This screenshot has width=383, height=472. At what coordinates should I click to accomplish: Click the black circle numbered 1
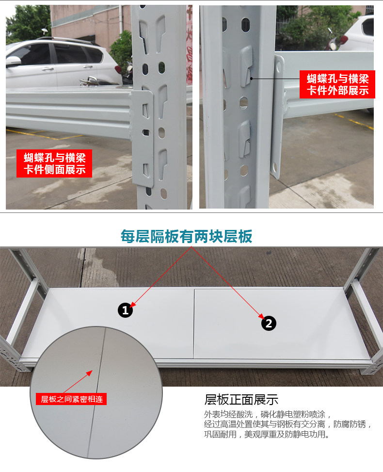[x=125, y=310]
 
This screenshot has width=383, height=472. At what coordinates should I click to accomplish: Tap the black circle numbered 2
[x=269, y=323]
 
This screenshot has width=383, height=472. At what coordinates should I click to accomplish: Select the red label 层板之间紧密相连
[x=71, y=399]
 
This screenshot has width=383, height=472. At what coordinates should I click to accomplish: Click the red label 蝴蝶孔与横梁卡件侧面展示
[x=54, y=163]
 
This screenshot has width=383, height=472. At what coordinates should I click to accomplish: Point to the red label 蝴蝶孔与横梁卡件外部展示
[x=337, y=84]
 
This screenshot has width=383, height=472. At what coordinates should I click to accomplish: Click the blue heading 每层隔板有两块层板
[x=186, y=236]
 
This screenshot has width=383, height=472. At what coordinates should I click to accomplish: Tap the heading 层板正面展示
[x=241, y=400]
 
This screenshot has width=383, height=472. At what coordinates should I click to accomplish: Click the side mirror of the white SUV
[x=13, y=62]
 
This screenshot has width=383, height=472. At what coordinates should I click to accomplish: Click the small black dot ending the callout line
[x=252, y=79]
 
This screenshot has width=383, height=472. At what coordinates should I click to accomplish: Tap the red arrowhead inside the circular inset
[x=89, y=373]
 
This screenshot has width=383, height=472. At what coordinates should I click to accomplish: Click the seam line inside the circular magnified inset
[x=96, y=391]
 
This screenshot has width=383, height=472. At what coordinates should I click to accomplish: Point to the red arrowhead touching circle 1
[x=133, y=304]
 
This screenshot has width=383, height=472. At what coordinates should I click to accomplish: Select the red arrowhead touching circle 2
[x=261, y=316]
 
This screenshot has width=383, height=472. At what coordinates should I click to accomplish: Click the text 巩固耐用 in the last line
[x=220, y=434]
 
